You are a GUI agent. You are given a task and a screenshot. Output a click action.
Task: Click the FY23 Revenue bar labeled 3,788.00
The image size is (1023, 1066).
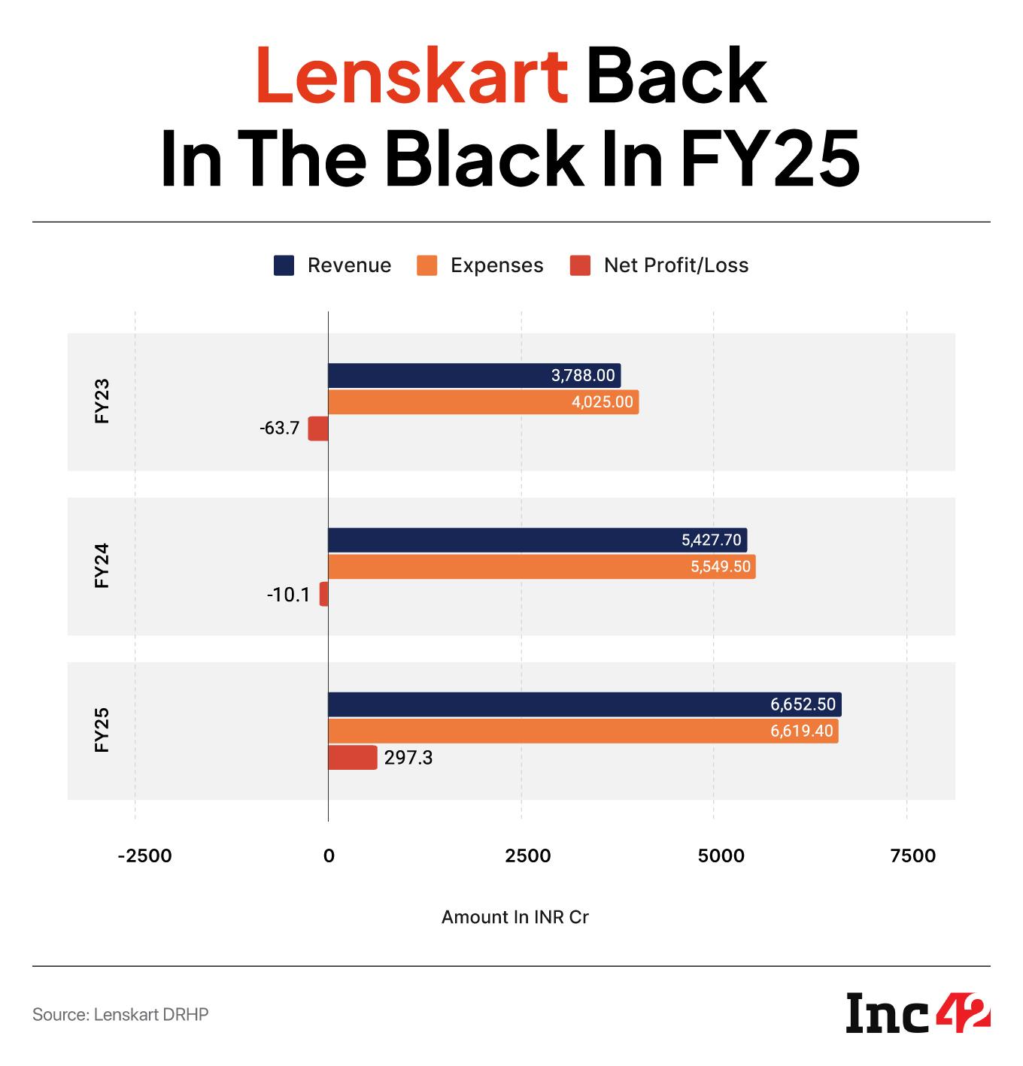click(x=474, y=375)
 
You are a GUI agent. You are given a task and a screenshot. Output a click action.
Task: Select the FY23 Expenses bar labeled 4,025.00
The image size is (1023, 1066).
click(x=483, y=402)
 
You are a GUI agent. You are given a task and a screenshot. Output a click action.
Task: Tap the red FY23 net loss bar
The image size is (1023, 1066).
click(x=318, y=429)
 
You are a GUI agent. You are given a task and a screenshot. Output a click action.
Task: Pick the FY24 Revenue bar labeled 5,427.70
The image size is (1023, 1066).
click(x=537, y=540)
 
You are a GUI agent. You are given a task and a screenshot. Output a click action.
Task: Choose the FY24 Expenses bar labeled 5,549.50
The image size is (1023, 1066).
click(x=542, y=567)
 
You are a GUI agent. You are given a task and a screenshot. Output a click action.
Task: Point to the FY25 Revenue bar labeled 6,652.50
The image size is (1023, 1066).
click(x=584, y=704)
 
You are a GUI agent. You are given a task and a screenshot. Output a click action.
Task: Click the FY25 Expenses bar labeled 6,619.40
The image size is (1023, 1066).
click(x=583, y=731)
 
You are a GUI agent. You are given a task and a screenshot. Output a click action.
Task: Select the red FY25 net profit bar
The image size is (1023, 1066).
click(x=352, y=758)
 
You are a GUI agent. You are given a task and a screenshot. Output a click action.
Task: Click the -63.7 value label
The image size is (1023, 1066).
click(x=279, y=429)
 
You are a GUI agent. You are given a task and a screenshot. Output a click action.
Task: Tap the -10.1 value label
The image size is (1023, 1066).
click(x=288, y=595)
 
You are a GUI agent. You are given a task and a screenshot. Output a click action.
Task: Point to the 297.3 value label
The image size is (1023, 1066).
click(x=408, y=758)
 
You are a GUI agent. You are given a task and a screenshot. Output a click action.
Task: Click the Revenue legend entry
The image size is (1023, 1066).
click(x=332, y=265)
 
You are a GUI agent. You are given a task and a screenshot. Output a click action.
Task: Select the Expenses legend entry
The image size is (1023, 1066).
click(x=480, y=265)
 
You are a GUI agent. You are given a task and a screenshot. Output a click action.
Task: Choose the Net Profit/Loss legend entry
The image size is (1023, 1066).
click(x=660, y=265)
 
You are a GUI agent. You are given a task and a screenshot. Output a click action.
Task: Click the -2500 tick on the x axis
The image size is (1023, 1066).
click(x=145, y=856)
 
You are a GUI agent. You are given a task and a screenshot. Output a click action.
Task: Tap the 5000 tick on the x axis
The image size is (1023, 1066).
click(x=721, y=856)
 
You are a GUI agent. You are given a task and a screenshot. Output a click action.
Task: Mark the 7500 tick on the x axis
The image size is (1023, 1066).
click(x=913, y=856)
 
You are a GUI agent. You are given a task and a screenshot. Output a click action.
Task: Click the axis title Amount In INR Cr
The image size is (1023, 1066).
click(x=515, y=917)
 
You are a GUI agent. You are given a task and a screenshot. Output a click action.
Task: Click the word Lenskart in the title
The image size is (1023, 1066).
click(x=411, y=76)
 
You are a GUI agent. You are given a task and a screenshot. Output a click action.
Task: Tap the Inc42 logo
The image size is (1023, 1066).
click(x=918, y=1014)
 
